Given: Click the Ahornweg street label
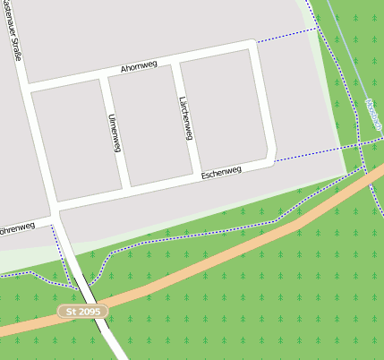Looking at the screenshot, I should tap(139, 67).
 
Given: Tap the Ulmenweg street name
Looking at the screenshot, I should tap(114, 134).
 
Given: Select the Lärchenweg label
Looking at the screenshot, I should tap(186, 118).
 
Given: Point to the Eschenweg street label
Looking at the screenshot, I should tap(221, 171).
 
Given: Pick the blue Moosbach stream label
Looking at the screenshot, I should tap(373, 115).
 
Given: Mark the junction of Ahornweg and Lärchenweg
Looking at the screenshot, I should tap(174, 61).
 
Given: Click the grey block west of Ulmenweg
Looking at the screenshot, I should tap(77, 139).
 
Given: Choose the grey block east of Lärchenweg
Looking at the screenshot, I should tap(224, 108).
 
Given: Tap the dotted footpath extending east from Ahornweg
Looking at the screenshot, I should tap(286, 36).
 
